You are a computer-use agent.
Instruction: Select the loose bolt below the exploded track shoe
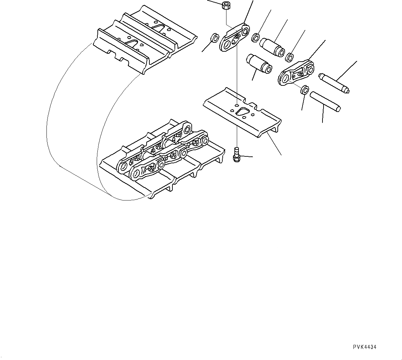(236, 154)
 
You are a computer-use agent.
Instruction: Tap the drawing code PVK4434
(364, 347)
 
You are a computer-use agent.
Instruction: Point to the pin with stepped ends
(334, 83)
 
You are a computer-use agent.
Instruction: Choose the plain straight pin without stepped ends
(325, 101)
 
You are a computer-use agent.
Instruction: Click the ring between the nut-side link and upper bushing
(255, 37)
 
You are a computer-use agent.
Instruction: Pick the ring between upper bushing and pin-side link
(290, 56)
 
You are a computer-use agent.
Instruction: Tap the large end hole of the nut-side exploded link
(245, 32)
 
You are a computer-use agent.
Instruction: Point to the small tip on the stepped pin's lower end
(348, 91)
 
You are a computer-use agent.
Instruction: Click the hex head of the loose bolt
(236, 158)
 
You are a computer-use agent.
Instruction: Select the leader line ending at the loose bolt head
(246, 157)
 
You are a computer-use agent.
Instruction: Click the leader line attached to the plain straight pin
(323, 114)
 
